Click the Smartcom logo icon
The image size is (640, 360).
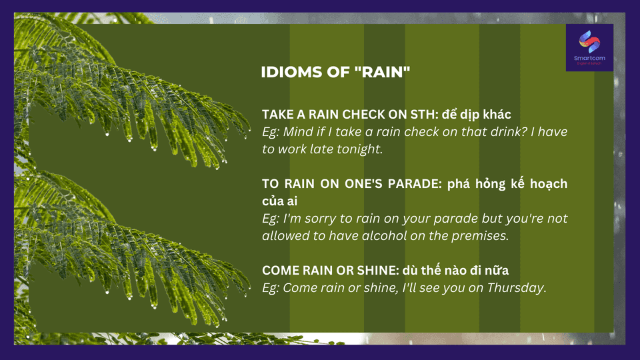589,41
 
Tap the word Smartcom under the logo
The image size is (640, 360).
589,58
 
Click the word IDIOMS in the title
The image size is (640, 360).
291,72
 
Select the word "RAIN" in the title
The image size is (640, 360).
383,72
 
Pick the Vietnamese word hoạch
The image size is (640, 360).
549,184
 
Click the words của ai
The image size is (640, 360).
279,201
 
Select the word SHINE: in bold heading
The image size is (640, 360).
378,271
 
